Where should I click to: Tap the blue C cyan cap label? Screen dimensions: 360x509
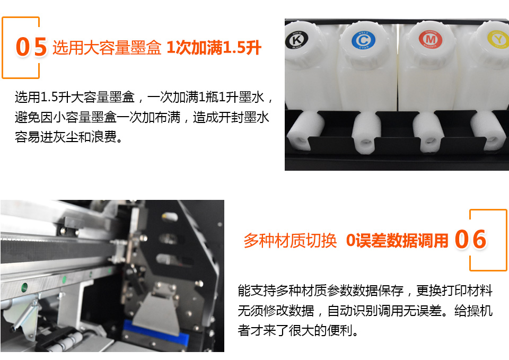pyautogui.click(x=363, y=40)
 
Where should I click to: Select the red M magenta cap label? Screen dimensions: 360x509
pyautogui.click(x=430, y=39)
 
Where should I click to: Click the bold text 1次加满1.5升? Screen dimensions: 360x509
pyautogui.click(x=214, y=48)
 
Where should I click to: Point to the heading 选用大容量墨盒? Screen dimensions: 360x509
pyautogui.click(x=107, y=48)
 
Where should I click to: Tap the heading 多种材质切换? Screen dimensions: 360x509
pyautogui.click(x=290, y=241)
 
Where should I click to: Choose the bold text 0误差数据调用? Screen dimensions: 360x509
pyautogui.click(x=397, y=241)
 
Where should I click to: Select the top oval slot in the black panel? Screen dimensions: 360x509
pyautogui.click(x=170, y=217)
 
